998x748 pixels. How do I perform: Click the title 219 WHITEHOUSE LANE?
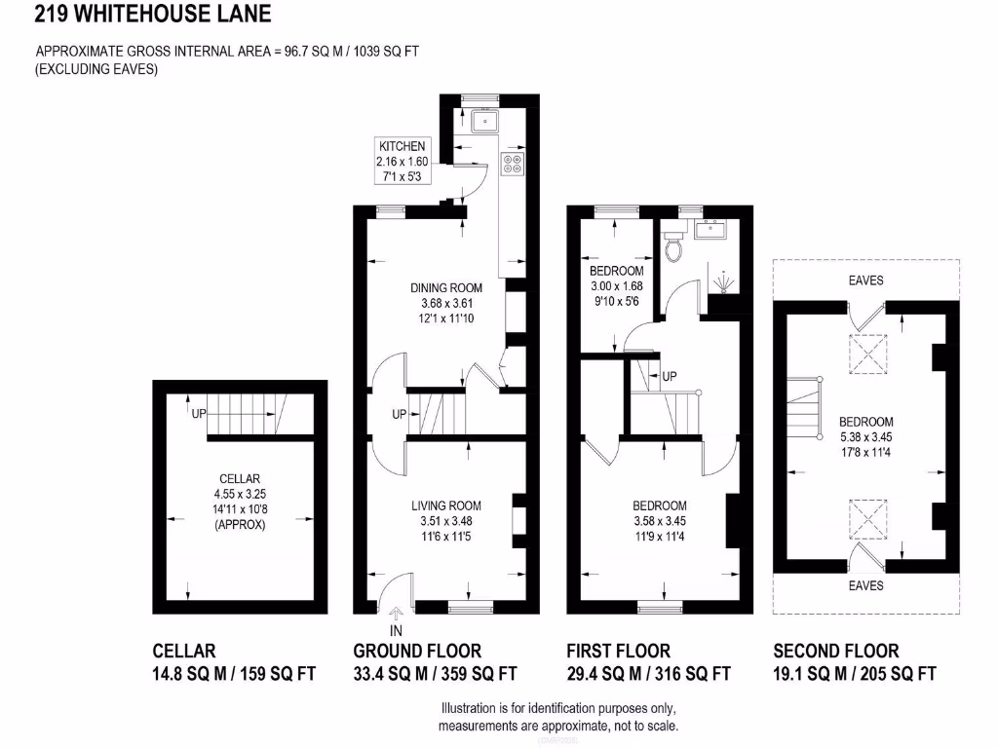[154, 15]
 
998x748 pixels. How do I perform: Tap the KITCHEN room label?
[402, 146]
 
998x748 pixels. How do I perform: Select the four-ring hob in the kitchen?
[513, 164]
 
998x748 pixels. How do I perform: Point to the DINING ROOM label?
[445, 287]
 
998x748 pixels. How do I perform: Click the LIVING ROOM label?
[445, 505]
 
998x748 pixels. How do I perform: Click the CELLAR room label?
[239, 478]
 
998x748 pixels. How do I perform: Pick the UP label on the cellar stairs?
[199, 414]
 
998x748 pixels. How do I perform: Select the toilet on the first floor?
[672, 249]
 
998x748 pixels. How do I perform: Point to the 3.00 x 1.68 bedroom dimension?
[617, 286]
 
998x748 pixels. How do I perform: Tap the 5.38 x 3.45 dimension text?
[865, 437]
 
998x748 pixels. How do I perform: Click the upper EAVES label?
[865, 280]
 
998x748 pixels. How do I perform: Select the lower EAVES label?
[865, 585]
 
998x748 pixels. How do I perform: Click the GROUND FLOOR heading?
[417, 651]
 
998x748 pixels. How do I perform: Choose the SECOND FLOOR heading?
[835, 651]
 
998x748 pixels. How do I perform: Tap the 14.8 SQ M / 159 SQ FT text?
[234, 673]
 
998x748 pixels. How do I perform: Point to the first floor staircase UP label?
[669, 376]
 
